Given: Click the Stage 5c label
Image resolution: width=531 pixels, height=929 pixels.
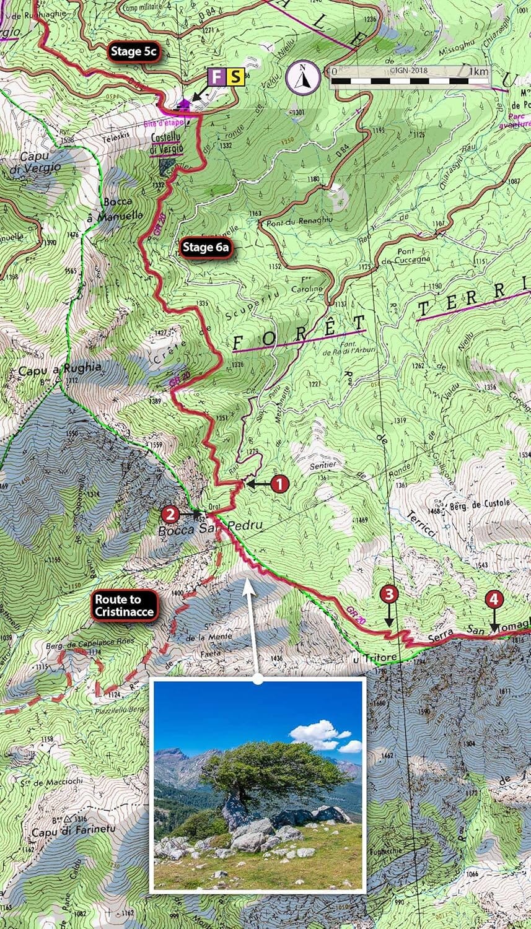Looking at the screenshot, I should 134,52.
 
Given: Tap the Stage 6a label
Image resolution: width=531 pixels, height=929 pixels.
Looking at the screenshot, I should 206,248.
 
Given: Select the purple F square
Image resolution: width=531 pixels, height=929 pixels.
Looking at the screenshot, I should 216,77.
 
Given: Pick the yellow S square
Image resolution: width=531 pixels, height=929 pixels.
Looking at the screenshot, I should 235,77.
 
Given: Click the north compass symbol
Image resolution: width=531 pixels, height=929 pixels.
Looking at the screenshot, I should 303,77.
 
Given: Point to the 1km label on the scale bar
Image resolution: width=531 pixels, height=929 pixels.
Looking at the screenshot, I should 478,71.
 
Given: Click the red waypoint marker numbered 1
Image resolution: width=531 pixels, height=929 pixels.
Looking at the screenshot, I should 279,484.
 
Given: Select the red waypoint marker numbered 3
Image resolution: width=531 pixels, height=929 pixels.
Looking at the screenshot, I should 388,595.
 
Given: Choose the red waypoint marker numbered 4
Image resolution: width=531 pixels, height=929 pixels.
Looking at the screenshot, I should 494,599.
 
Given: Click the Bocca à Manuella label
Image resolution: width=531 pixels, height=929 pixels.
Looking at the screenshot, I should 123,209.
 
